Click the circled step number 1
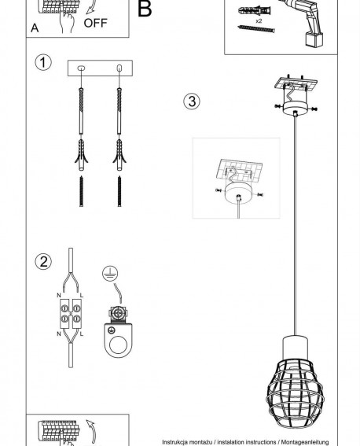pyautogui.click(x=43, y=62)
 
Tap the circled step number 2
pyautogui.click(x=43, y=261)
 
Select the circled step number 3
pyautogui.click(x=192, y=101)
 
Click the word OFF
pyautogui.click(x=95, y=23)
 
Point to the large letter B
pyautogui.click(x=145, y=9)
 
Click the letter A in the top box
pyautogui.click(x=35, y=28)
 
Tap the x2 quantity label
pyautogui.click(x=259, y=21)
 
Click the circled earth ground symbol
pyautogui.click(x=110, y=274)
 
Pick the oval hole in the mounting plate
pyautogui.click(x=81, y=68)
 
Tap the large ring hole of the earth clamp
pyautogui.click(x=118, y=345)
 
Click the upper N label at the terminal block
pyautogui.click(x=59, y=295)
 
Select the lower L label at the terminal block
pyautogui.click(x=82, y=334)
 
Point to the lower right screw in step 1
pyautogui.click(x=119, y=191)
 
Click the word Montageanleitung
pyautogui.click(x=305, y=442)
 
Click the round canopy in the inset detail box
pyautogui.click(x=239, y=193)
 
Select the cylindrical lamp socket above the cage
pyautogui.click(x=295, y=348)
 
